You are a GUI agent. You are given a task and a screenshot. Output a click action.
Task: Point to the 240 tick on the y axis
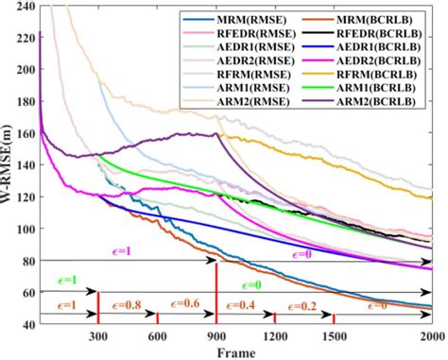(26, 8)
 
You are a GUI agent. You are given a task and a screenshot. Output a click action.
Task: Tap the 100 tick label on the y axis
(26, 230)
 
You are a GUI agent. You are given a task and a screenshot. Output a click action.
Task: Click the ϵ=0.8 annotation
(129, 305)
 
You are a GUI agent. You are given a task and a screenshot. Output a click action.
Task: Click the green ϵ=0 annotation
(253, 284)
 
